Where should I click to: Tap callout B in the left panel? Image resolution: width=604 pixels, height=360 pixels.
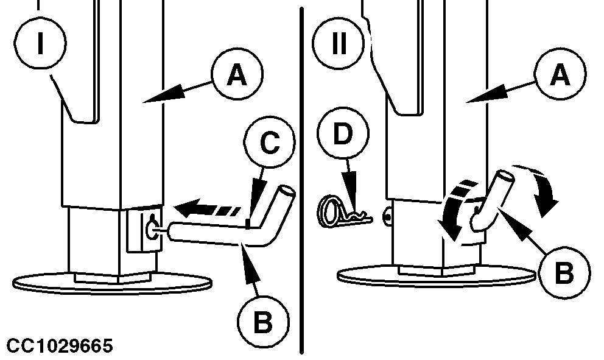[262, 323]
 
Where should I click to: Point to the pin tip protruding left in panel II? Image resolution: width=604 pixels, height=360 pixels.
[388, 214]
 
